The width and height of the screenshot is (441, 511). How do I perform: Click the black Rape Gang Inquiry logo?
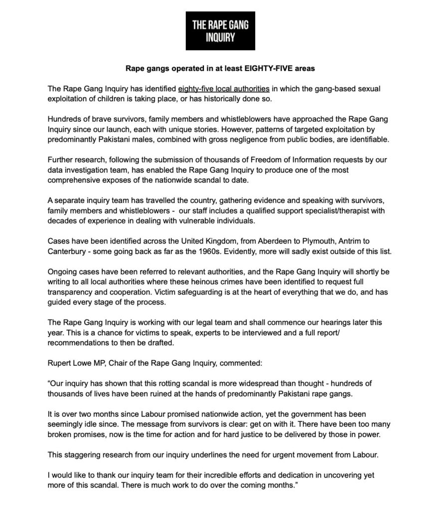(220, 30)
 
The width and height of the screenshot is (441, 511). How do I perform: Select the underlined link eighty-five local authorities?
(224, 89)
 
